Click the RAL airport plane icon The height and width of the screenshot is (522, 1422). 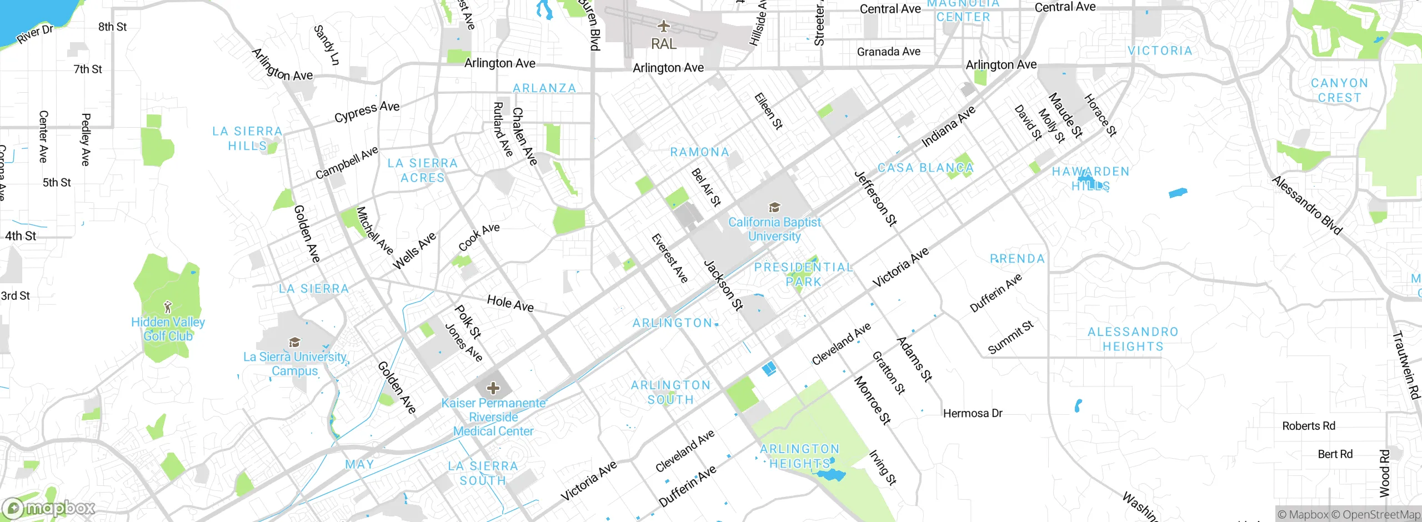click(663, 26)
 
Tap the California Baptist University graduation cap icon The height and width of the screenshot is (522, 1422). click(774, 208)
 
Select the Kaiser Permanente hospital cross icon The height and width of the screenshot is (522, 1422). click(493, 388)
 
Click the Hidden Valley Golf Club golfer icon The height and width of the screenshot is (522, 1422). click(168, 306)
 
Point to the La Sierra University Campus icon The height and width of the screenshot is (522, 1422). click(295, 342)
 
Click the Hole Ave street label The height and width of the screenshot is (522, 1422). click(510, 303)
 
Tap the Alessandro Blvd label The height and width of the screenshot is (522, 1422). click(1306, 205)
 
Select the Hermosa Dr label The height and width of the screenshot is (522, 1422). click(973, 413)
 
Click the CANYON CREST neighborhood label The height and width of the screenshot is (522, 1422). click(1339, 91)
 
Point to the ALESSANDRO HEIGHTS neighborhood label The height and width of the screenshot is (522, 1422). click(1133, 339)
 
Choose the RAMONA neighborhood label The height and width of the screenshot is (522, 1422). click(699, 152)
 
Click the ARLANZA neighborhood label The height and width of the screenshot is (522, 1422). click(544, 88)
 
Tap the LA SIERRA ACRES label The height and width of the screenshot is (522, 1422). click(423, 170)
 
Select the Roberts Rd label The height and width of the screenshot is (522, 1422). click(1308, 426)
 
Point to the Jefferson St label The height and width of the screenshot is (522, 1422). click(875, 199)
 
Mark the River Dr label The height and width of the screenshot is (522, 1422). click(34, 34)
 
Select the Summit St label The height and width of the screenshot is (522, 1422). click(1010, 337)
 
